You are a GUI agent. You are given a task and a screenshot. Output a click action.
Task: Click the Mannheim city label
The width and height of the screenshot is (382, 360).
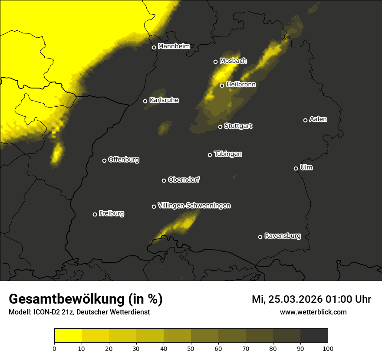point(174,46)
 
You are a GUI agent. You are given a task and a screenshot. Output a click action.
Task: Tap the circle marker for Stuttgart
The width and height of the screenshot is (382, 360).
point(220,127)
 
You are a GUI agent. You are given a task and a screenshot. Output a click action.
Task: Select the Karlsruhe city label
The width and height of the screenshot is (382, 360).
point(164,100)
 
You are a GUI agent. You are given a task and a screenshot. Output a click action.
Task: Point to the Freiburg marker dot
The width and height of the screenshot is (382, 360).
point(95,214)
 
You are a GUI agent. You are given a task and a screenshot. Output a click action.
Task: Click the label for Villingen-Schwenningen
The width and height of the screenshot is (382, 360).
point(194,206)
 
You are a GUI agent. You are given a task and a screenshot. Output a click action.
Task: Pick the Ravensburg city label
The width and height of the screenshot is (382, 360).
point(283,236)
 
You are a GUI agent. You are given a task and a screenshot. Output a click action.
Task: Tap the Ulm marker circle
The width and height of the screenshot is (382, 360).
point(296,168)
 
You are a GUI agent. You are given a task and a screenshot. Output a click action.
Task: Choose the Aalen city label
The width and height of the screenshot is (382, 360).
point(318,119)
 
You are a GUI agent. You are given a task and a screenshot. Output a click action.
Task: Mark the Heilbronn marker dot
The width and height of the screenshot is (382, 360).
point(222,85)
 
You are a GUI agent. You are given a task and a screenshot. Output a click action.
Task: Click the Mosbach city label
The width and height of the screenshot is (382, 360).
point(233,61)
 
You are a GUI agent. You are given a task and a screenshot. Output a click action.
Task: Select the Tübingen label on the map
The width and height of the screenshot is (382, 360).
point(228,154)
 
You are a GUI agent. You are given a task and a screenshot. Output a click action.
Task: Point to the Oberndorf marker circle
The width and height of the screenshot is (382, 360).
point(164,180)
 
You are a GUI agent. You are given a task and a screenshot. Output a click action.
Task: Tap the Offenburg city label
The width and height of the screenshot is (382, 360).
point(124,159)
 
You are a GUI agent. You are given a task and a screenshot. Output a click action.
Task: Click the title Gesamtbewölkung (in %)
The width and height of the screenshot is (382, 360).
point(86,299)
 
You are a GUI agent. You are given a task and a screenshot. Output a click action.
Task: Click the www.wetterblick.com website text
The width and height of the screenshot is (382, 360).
point(313,312)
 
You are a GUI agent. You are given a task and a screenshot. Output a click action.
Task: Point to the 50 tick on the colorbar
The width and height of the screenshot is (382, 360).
point(191,348)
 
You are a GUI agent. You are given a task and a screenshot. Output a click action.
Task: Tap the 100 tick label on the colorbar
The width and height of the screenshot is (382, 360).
point(328,348)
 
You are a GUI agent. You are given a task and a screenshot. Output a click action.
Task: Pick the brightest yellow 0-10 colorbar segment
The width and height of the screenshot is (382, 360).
point(68,335)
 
